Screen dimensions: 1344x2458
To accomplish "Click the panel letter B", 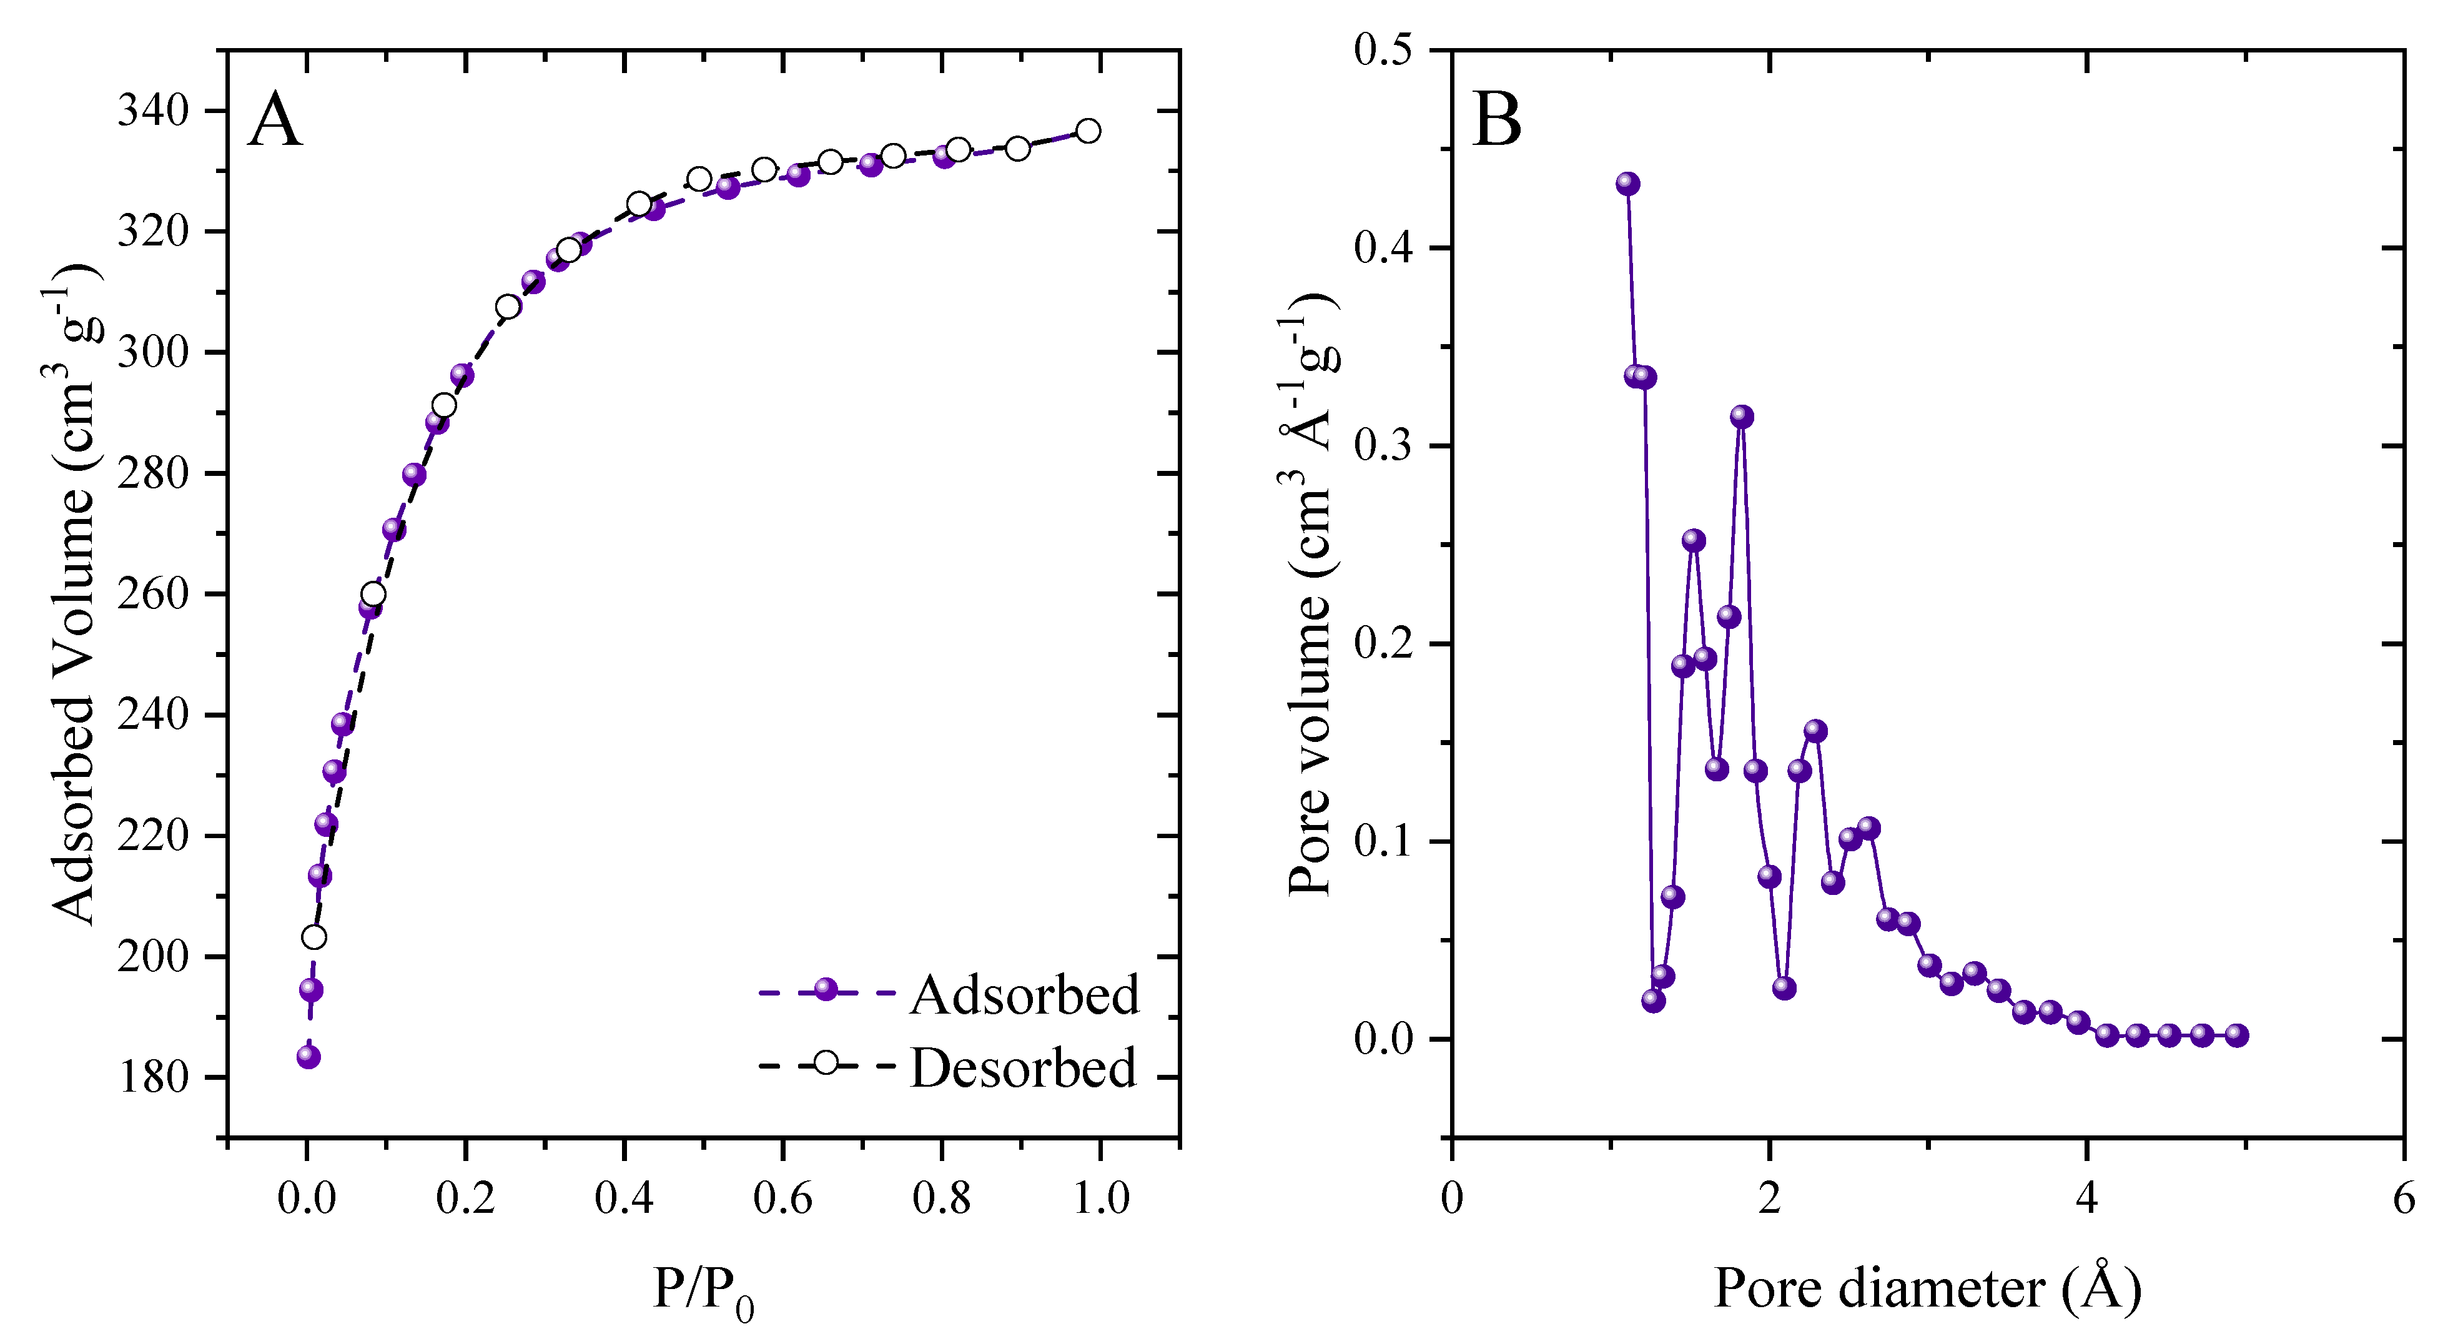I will [x=1496, y=121].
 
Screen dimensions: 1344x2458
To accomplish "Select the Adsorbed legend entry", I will [x=1024, y=995].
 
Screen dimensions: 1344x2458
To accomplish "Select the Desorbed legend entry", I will [x=1022, y=1067].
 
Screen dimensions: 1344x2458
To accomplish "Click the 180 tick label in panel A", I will [x=152, y=1078].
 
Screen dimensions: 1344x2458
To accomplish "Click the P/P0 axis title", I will [x=703, y=1290].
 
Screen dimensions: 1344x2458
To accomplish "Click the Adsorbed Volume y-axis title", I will [x=74, y=592].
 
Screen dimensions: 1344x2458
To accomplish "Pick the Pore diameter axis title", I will [x=1927, y=1288].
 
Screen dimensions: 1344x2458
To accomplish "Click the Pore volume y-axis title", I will [x=1312, y=592].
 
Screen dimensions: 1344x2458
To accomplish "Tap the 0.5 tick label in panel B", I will [x=1384, y=49].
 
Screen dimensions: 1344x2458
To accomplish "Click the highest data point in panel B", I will [x=1628, y=183].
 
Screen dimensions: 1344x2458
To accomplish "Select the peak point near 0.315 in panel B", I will [x=1742, y=416].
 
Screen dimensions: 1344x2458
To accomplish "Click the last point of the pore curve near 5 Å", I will [x=2238, y=1035].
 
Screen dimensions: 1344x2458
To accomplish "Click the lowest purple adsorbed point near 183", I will [x=308, y=1057].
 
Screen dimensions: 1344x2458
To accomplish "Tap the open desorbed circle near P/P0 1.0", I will [x=1088, y=131].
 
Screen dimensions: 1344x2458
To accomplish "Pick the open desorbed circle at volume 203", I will [x=314, y=937].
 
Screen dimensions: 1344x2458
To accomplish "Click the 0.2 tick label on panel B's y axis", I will [x=1384, y=643].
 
